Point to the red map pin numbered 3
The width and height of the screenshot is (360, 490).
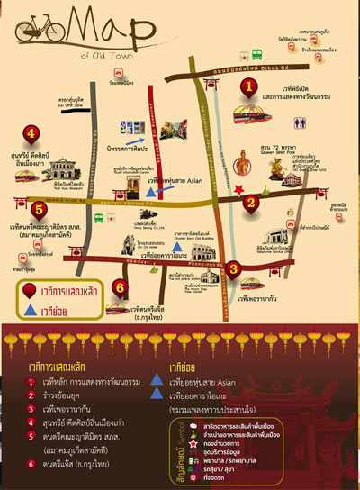[x=232, y=268]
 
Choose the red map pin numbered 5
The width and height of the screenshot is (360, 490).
[x=37, y=211]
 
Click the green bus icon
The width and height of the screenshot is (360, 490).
[x=256, y=53]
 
